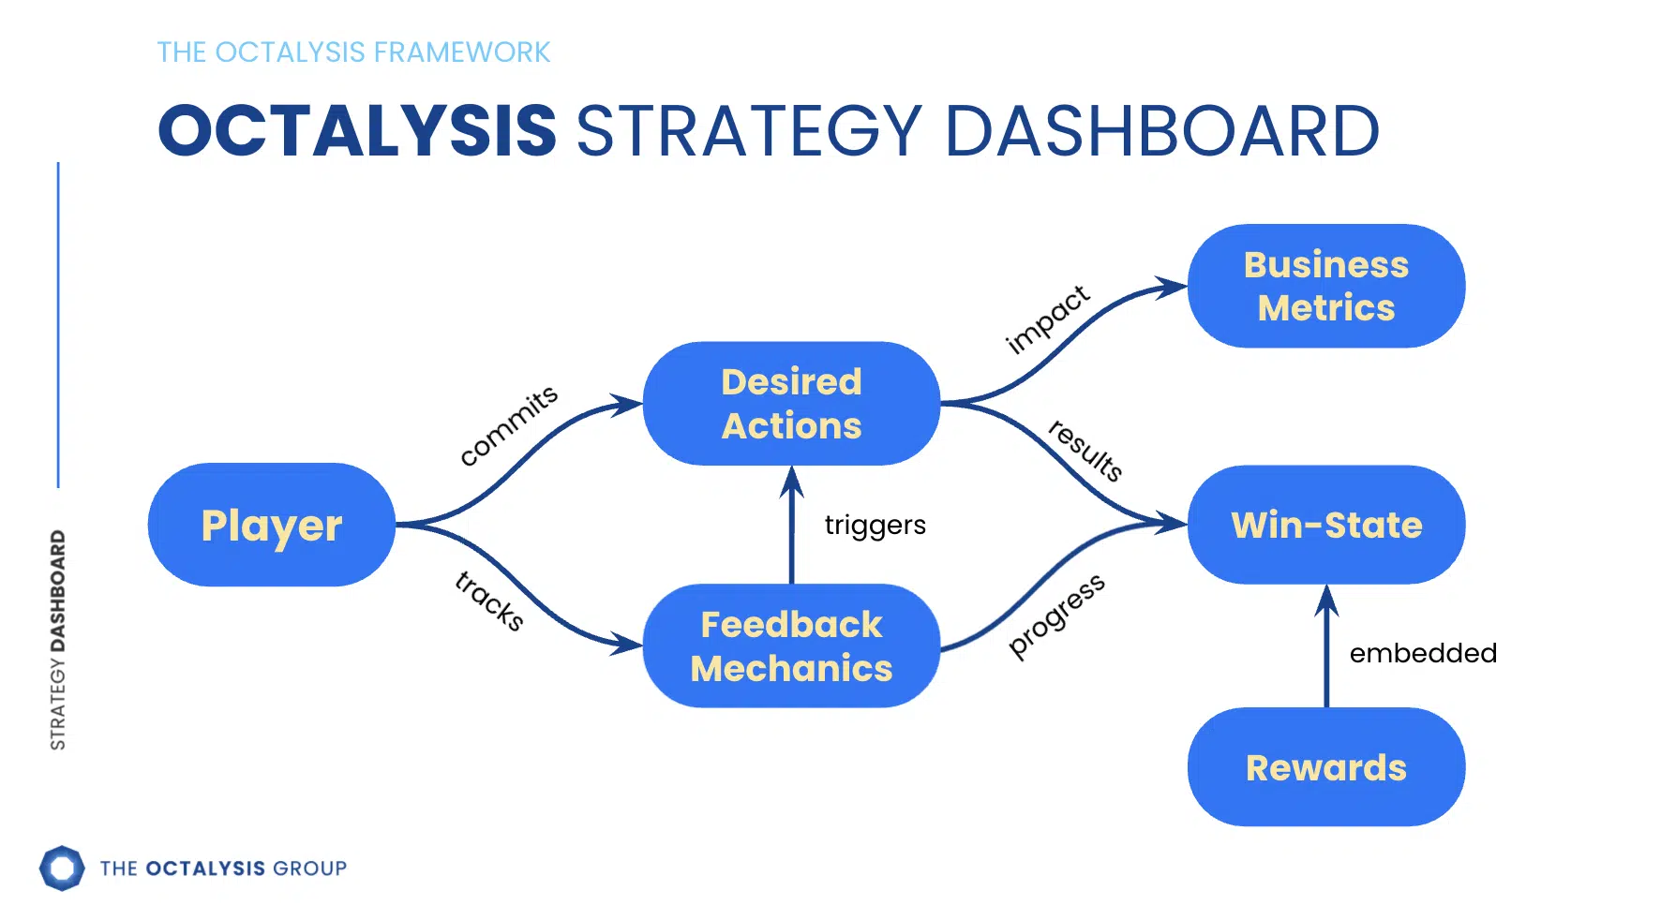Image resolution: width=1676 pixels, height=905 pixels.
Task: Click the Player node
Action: click(x=272, y=525)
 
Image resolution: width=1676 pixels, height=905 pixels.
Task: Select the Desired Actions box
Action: click(x=791, y=404)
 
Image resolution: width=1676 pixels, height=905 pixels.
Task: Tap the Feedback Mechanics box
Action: click(x=791, y=645)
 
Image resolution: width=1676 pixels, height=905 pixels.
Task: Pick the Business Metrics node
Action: click(x=1325, y=286)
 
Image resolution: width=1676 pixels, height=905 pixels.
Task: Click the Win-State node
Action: click(x=1325, y=525)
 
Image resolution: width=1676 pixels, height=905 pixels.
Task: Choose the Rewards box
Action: click(x=1325, y=767)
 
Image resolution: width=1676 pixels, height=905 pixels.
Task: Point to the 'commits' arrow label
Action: click(x=509, y=424)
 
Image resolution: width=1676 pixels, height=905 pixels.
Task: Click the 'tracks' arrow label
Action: click(x=489, y=600)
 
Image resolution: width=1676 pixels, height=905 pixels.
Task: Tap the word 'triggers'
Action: click(x=875, y=525)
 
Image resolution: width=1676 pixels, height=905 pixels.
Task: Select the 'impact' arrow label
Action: click(x=1047, y=319)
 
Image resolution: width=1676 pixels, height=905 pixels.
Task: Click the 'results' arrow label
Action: click(x=1085, y=450)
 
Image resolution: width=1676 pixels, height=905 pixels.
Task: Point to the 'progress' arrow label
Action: click(x=1056, y=616)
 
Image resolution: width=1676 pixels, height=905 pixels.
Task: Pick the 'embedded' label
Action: click(x=1422, y=653)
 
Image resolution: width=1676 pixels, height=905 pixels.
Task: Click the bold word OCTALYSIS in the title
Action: click(x=357, y=130)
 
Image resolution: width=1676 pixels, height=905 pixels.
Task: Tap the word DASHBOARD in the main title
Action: click(x=1161, y=130)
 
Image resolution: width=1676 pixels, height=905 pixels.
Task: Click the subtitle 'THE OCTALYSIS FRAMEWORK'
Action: click(x=353, y=52)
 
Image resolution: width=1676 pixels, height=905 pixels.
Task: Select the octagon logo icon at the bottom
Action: click(x=62, y=868)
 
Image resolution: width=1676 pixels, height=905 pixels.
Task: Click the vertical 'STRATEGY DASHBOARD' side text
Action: click(x=58, y=640)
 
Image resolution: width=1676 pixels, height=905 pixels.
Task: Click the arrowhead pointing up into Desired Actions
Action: click(x=792, y=481)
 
